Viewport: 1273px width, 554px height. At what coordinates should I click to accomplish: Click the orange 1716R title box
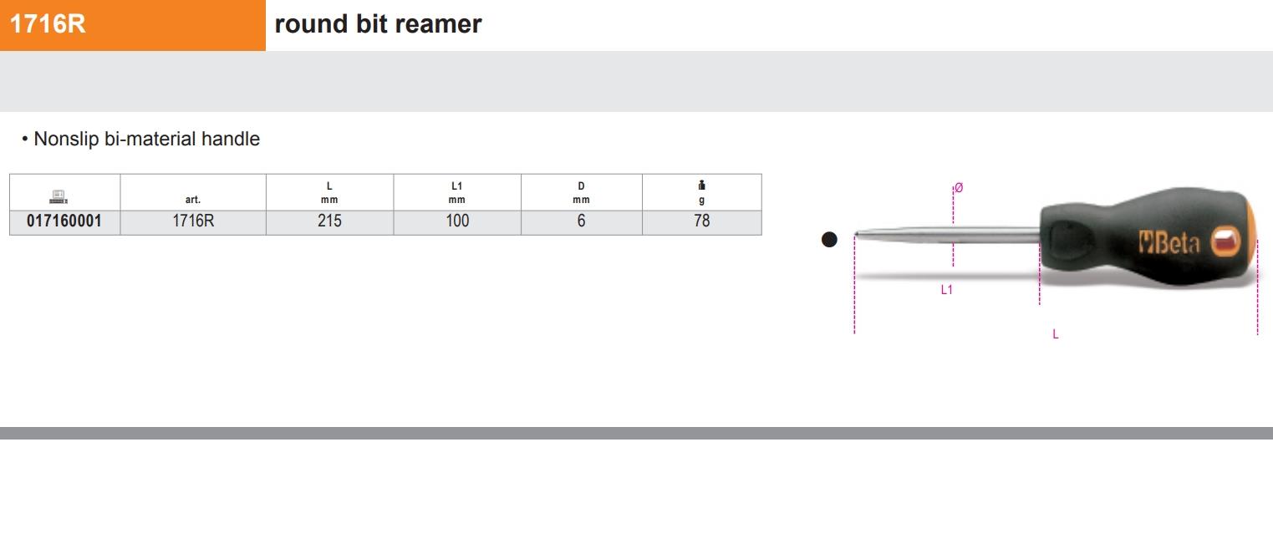click(132, 25)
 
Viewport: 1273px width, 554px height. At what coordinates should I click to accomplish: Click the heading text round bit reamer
click(378, 24)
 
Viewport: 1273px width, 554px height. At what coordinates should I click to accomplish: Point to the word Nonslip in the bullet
click(66, 140)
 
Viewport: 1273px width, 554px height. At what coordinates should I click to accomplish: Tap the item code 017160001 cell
click(64, 221)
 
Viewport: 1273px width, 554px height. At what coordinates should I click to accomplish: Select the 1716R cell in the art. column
click(193, 221)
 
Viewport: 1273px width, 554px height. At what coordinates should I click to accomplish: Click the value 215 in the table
click(329, 221)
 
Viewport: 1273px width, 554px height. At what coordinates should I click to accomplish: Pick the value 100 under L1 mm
click(457, 221)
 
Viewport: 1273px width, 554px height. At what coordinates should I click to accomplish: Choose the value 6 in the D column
click(581, 221)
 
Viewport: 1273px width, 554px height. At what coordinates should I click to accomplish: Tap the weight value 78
click(701, 221)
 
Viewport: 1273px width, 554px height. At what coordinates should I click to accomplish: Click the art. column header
click(193, 200)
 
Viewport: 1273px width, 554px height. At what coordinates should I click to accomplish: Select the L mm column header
click(329, 193)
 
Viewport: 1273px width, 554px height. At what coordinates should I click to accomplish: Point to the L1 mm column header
click(457, 193)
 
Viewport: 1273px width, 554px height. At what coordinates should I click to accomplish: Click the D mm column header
click(581, 193)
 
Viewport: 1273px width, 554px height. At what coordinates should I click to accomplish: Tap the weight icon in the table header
click(701, 186)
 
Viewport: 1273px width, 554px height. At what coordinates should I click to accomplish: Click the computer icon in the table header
click(59, 197)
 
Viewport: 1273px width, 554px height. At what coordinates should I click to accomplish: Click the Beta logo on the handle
click(1169, 243)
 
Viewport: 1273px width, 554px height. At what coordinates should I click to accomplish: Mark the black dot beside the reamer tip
click(829, 240)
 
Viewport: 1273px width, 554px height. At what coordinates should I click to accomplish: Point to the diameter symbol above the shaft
click(958, 188)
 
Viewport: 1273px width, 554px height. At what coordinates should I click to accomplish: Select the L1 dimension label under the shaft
click(946, 290)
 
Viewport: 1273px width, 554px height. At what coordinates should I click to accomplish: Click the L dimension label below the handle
click(1056, 334)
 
